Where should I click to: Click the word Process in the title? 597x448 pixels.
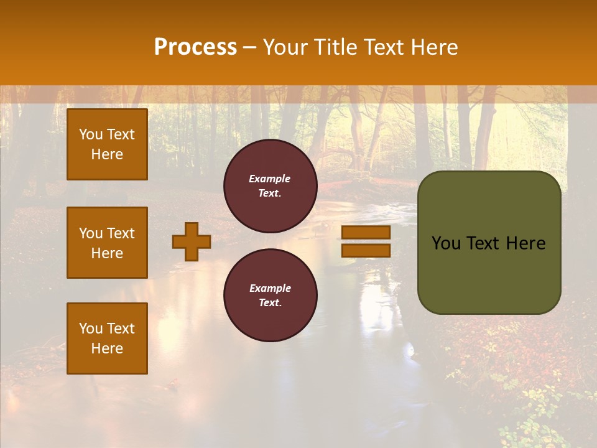coord(195,47)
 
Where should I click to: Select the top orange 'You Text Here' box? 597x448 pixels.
coord(107,144)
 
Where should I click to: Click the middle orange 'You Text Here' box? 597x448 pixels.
coord(107,243)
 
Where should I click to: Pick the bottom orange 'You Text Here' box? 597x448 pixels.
coord(107,338)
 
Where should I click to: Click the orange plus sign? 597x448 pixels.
coord(192,241)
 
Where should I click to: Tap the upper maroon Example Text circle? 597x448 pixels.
coord(271,186)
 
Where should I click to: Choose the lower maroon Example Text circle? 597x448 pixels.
coord(271,296)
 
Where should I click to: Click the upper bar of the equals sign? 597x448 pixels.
coord(366,233)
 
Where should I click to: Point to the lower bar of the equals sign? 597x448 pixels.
coord(366,250)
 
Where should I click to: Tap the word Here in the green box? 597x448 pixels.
coord(525,243)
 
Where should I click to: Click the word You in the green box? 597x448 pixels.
coord(445,243)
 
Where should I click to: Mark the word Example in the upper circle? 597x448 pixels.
coord(269,179)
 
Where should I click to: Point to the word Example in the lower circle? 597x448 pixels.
coord(270,288)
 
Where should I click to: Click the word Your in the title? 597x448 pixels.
coord(284,47)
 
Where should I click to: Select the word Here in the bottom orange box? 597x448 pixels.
coord(107,348)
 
